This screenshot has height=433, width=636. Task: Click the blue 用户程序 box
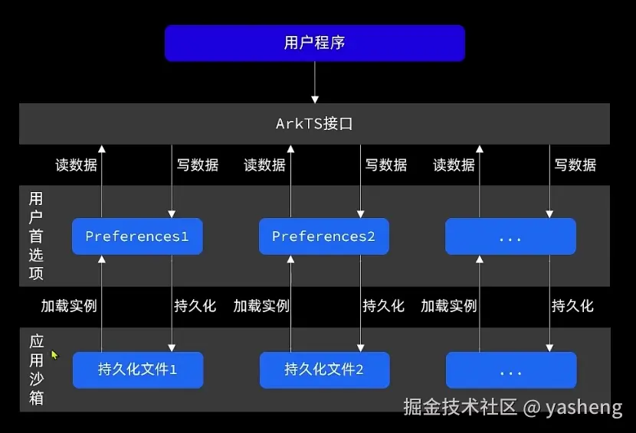click(314, 43)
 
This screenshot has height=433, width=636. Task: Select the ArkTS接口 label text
click(314, 124)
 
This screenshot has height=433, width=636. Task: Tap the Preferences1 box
click(137, 236)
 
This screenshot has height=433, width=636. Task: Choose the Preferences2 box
click(323, 236)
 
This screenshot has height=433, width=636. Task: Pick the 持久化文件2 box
click(324, 370)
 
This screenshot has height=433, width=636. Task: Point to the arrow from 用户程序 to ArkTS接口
click(315, 82)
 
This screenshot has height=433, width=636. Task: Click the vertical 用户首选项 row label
click(36, 236)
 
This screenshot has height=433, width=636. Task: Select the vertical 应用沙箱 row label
click(36, 370)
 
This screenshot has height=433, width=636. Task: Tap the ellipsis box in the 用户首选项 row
click(510, 236)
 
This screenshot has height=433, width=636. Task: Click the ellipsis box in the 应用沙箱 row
click(510, 370)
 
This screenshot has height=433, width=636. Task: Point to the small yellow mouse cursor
click(54, 355)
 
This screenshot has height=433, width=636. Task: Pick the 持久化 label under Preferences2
click(383, 306)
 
